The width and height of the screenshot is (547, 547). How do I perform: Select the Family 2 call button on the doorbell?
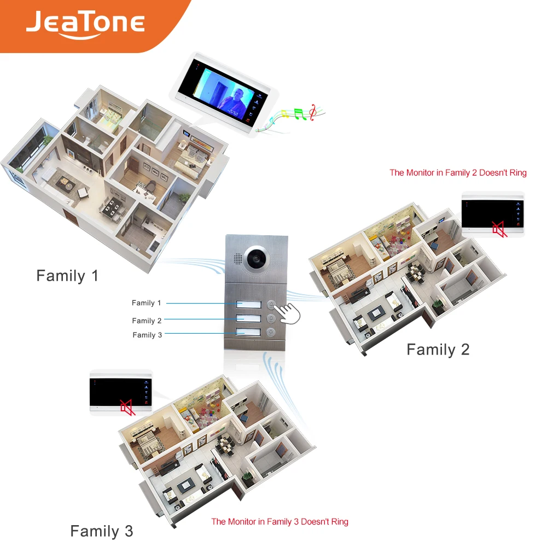click(x=270, y=318)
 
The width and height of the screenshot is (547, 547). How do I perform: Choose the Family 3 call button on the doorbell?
click(x=270, y=331)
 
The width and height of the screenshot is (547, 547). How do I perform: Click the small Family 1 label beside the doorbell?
click(x=147, y=302)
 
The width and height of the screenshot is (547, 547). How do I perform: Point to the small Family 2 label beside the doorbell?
click(x=147, y=321)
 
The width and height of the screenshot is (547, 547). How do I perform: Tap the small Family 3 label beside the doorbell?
click(x=147, y=335)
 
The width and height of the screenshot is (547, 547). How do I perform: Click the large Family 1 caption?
click(x=67, y=276)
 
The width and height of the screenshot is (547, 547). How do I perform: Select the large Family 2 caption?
click(x=438, y=350)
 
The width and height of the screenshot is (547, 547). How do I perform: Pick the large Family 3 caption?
click(x=101, y=531)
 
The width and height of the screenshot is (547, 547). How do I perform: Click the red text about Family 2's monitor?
click(x=458, y=173)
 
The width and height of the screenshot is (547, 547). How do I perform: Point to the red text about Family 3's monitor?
click(x=280, y=522)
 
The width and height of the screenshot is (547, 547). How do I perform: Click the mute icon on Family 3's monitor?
click(x=127, y=408)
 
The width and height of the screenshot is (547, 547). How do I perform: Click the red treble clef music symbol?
click(x=312, y=112)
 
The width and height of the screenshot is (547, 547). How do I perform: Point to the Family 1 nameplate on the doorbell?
click(x=247, y=304)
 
